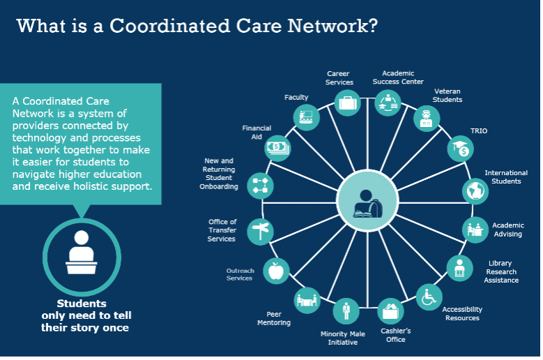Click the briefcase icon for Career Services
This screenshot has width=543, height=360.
(x=348, y=103)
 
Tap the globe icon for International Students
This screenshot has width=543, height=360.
(x=475, y=191)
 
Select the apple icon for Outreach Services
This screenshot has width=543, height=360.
(x=276, y=271)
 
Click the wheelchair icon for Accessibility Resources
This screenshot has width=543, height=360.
(x=429, y=297)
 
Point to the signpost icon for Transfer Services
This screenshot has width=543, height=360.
(x=260, y=232)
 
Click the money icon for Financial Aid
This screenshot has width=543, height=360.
(x=277, y=148)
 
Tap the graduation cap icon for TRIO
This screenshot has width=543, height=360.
(x=461, y=149)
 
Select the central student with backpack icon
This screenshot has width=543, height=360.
(x=367, y=201)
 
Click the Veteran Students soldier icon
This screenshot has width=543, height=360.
(x=427, y=119)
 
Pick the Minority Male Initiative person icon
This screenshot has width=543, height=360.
(x=346, y=310)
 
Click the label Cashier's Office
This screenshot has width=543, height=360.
(x=396, y=335)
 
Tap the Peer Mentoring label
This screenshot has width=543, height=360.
(x=274, y=318)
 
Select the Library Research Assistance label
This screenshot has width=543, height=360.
(x=501, y=271)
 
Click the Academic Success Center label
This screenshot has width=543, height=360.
(x=398, y=77)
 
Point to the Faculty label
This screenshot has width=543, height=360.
(x=296, y=98)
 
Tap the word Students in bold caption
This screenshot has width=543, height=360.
(x=82, y=303)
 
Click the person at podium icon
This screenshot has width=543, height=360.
(x=82, y=253)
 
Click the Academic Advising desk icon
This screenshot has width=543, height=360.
(x=475, y=230)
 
